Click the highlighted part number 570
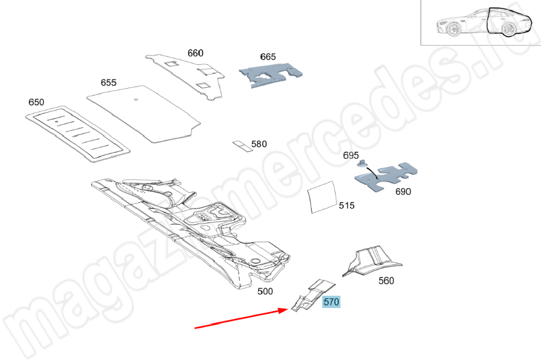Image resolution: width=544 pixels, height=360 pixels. point(331,302)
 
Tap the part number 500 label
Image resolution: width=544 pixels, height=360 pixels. point(265,291)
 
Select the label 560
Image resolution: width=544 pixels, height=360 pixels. point(386,281)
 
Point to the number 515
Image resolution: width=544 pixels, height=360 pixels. point(347,206)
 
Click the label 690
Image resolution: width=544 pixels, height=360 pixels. point(403,191)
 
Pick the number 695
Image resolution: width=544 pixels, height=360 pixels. point(351,156)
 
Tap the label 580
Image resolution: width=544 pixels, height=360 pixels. point(259,144)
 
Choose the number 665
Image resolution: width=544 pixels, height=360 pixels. point(268,57)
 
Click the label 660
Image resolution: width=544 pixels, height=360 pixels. point(195,53)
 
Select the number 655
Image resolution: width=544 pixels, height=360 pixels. point(109,83)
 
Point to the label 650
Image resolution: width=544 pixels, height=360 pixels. point(36,102)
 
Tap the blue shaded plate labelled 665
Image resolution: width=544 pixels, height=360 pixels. point(270,75)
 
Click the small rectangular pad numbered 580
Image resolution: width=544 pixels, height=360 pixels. point(243,146)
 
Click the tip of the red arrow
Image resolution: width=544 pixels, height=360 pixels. point(288,309)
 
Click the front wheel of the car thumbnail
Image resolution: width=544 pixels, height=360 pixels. point(453,29)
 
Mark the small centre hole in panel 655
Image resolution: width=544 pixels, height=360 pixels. point(136,100)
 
